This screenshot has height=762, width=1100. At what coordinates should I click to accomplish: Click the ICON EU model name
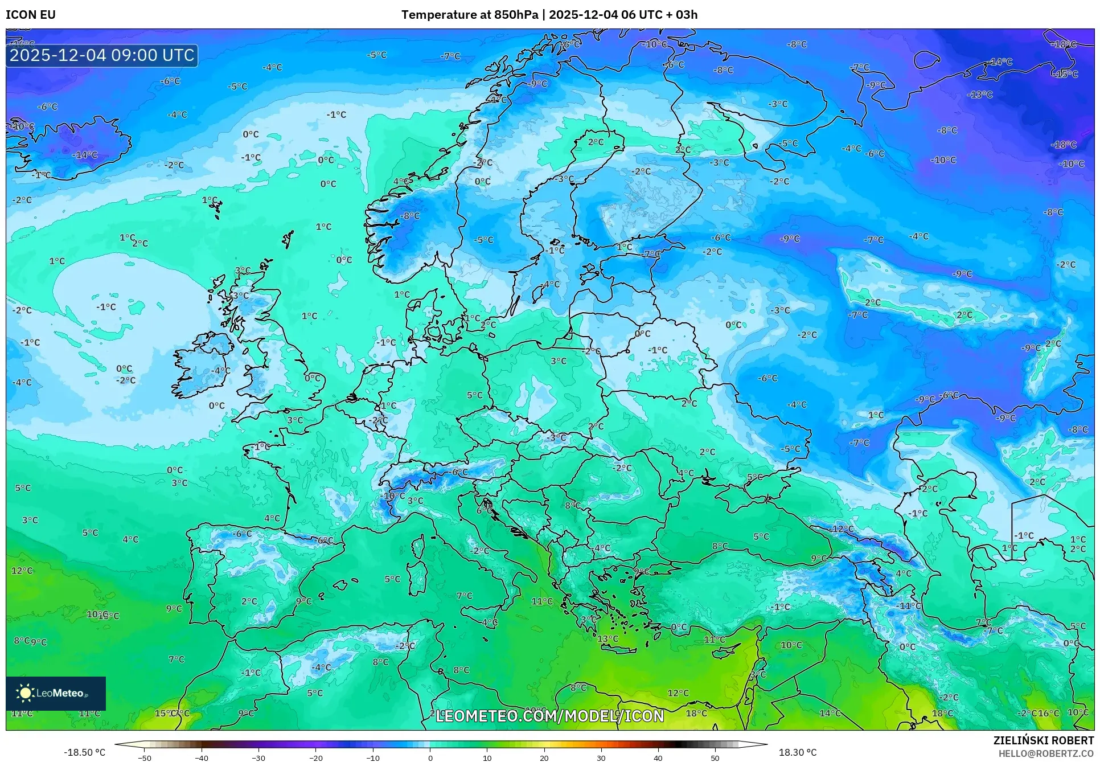click(31, 15)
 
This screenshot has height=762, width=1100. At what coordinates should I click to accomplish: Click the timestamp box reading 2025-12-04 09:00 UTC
click(102, 55)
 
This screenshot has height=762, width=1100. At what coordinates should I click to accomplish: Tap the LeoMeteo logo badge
click(56, 693)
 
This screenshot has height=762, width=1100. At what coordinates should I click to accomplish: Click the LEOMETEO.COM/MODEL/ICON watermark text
click(549, 716)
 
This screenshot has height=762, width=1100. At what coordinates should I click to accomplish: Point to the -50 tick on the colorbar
click(145, 758)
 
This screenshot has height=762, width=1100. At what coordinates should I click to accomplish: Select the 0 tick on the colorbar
click(430, 758)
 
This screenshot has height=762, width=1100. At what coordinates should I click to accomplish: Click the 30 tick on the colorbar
click(601, 758)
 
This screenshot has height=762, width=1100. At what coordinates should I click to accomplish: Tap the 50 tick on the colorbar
click(715, 758)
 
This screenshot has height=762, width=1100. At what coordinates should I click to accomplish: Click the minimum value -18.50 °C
click(84, 752)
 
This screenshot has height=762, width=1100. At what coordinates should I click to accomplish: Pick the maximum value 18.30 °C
click(797, 752)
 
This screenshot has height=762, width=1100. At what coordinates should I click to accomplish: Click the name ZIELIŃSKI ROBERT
click(1043, 740)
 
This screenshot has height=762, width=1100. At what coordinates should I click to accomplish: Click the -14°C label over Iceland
click(85, 154)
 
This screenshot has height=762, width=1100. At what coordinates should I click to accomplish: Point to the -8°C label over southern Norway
click(410, 216)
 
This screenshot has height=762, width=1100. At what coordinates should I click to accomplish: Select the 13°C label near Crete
click(608, 638)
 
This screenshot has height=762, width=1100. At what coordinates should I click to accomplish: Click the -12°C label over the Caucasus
click(843, 529)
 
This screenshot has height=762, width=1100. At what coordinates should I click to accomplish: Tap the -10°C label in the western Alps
click(393, 495)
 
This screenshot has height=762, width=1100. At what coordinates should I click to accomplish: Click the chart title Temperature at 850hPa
click(469, 15)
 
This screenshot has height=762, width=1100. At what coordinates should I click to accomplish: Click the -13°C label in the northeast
click(980, 95)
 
